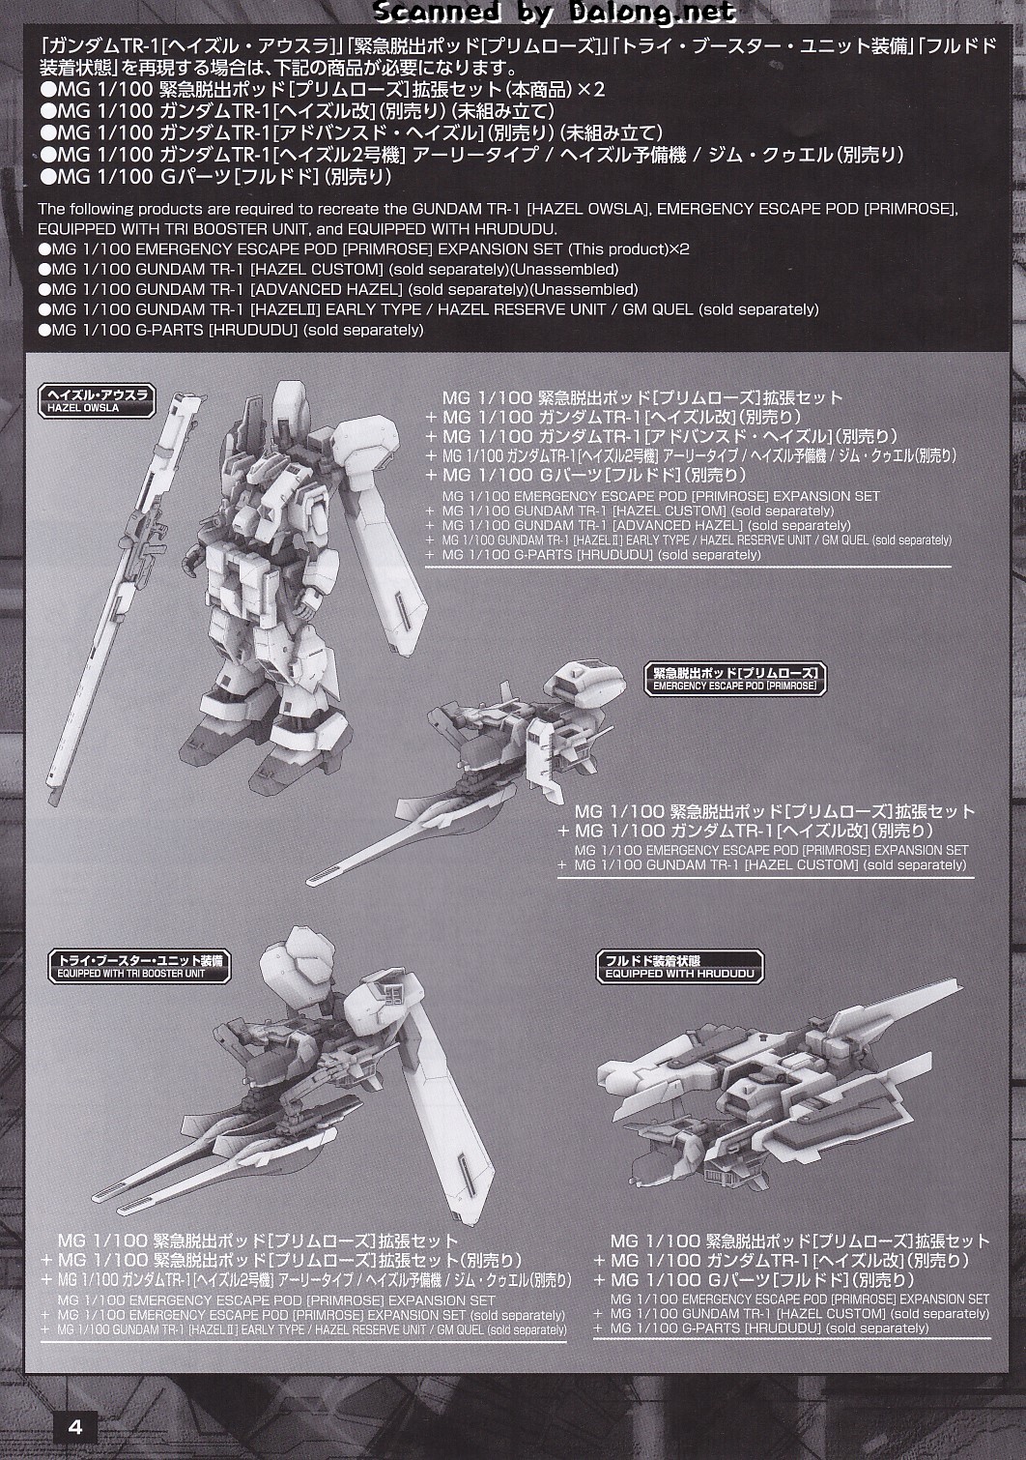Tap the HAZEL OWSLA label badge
[97, 401]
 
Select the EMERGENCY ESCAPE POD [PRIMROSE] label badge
[735, 679]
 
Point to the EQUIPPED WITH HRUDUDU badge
[679, 967]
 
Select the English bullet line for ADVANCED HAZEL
[338, 289]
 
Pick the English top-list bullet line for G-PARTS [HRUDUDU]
[231, 330]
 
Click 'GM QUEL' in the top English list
[658, 309]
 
